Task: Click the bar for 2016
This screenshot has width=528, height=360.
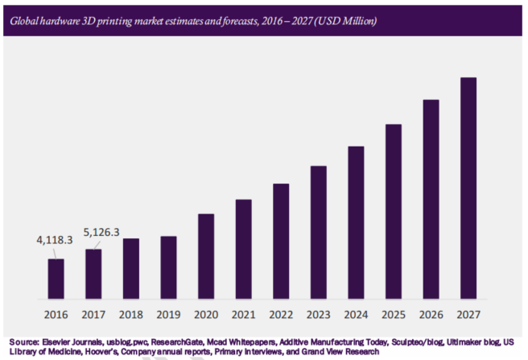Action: click(x=56, y=279)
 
